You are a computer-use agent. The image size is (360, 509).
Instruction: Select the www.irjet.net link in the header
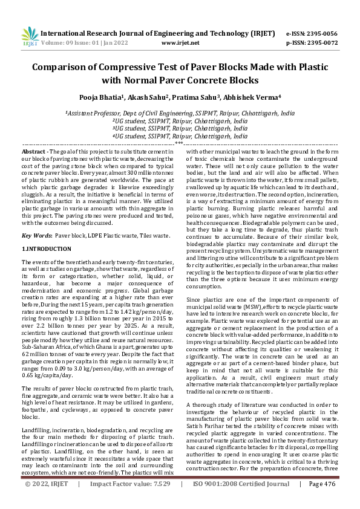180,44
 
